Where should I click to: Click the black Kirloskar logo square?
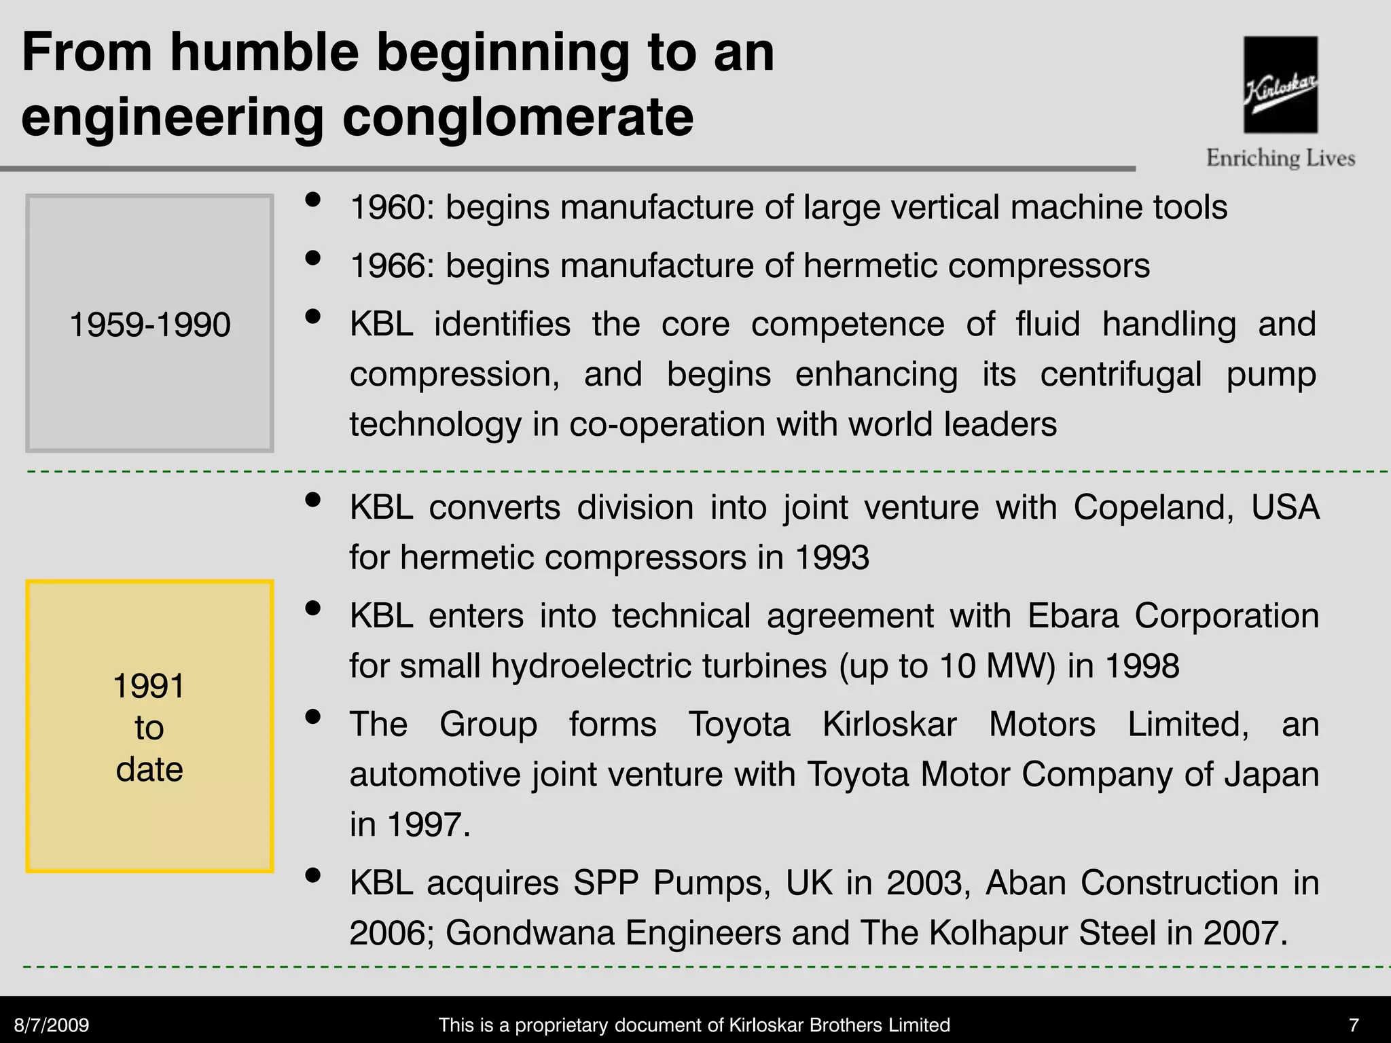[x=1280, y=84]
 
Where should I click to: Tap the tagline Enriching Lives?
[x=1280, y=158]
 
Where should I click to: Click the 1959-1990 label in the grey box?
[x=150, y=324]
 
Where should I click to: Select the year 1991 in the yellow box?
[x=149, y=686]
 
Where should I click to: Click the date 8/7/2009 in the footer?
[x=52, y=1025]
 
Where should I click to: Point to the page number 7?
[x=1354, y=1025]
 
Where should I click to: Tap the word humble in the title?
[x=264, y=52]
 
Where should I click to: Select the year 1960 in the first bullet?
[x=387, y=207]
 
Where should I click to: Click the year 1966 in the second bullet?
[x=387, y=266]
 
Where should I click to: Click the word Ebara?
[x=1072, y=616]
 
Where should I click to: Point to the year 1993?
[x=831, y=557]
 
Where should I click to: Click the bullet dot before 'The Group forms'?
[x=313, y=717]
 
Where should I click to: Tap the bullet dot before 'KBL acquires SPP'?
[x=313, y=875]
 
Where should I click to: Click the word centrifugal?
[x=1121, y=374]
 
